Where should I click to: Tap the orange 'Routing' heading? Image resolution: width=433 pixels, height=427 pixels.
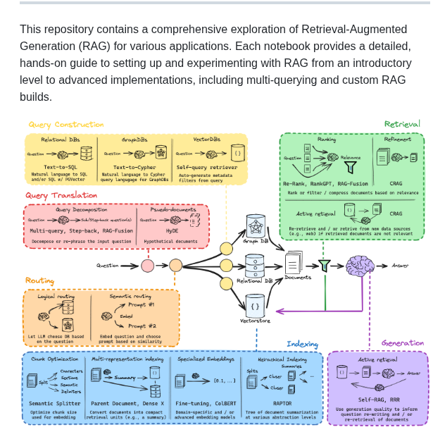[x=39, y=280]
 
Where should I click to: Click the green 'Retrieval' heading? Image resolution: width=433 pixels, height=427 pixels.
[x=402, y=124]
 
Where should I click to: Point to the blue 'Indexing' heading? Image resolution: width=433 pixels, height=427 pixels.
[x=302, y=344]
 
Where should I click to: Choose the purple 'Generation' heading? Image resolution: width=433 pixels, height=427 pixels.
[x=402, y=343]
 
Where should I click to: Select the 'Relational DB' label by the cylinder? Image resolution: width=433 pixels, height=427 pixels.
[x=254, y=280]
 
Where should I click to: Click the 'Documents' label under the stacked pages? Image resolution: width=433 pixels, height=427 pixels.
[x=298, y=277]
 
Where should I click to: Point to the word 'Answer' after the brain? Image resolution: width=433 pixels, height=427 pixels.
[x=400, y=266]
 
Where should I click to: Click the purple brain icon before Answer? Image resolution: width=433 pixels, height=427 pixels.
[x=360, y=266]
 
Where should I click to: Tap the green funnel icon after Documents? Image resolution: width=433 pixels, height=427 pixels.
[x=324, y=266]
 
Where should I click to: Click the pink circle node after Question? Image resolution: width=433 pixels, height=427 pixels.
[x=148, y=266]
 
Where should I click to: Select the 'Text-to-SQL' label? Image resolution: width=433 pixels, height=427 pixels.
[x=60, y=166]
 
